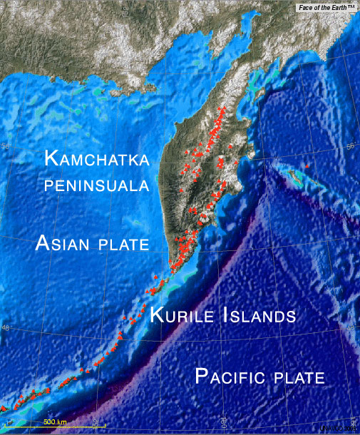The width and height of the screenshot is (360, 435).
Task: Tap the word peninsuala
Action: coord(96,186)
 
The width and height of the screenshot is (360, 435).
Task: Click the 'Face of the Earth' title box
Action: coord(326,6)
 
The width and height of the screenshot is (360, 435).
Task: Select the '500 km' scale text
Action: coord(54,422)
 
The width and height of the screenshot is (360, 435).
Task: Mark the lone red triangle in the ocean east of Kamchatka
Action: coord(307,165)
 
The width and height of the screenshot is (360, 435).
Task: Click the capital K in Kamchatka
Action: coord(51,158)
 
